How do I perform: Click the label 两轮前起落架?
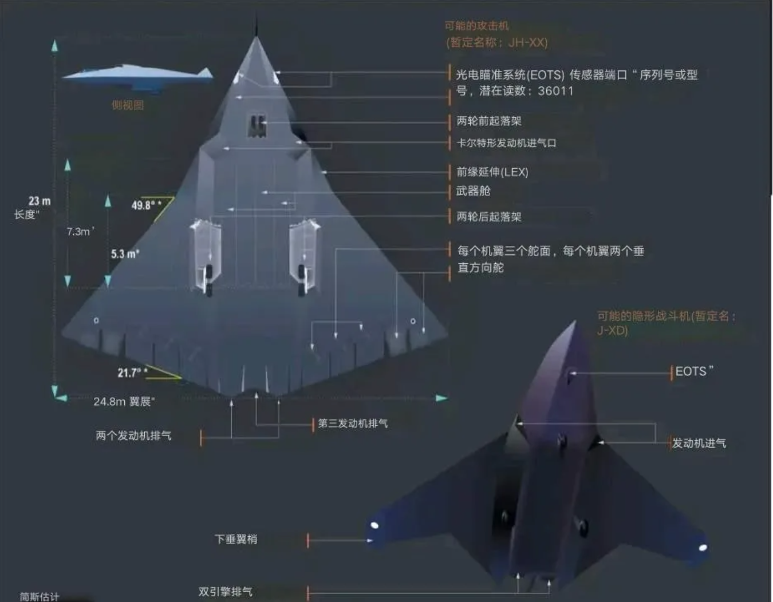pos(488,121)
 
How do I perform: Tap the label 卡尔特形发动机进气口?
pos(506,143)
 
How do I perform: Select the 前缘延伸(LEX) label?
pos(492,172)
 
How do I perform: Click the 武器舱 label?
pos(473,191)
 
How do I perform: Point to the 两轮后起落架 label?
pos(488,217)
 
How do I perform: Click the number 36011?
pos(555,91)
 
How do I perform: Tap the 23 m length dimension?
pos(40,201)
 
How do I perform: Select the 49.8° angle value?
pos(145,205)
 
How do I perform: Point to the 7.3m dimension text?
pos(80,231)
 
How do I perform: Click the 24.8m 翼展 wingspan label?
pos(124,402)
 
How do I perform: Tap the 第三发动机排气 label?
pos(353,423)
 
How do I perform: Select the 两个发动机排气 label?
pos(133,436)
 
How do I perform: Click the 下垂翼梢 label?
pos(236,539)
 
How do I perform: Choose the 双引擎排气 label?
pos(225,592)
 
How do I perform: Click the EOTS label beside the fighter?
pos(693,371)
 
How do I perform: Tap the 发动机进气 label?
pos(699,443)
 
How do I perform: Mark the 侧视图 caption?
pos(128,105)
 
